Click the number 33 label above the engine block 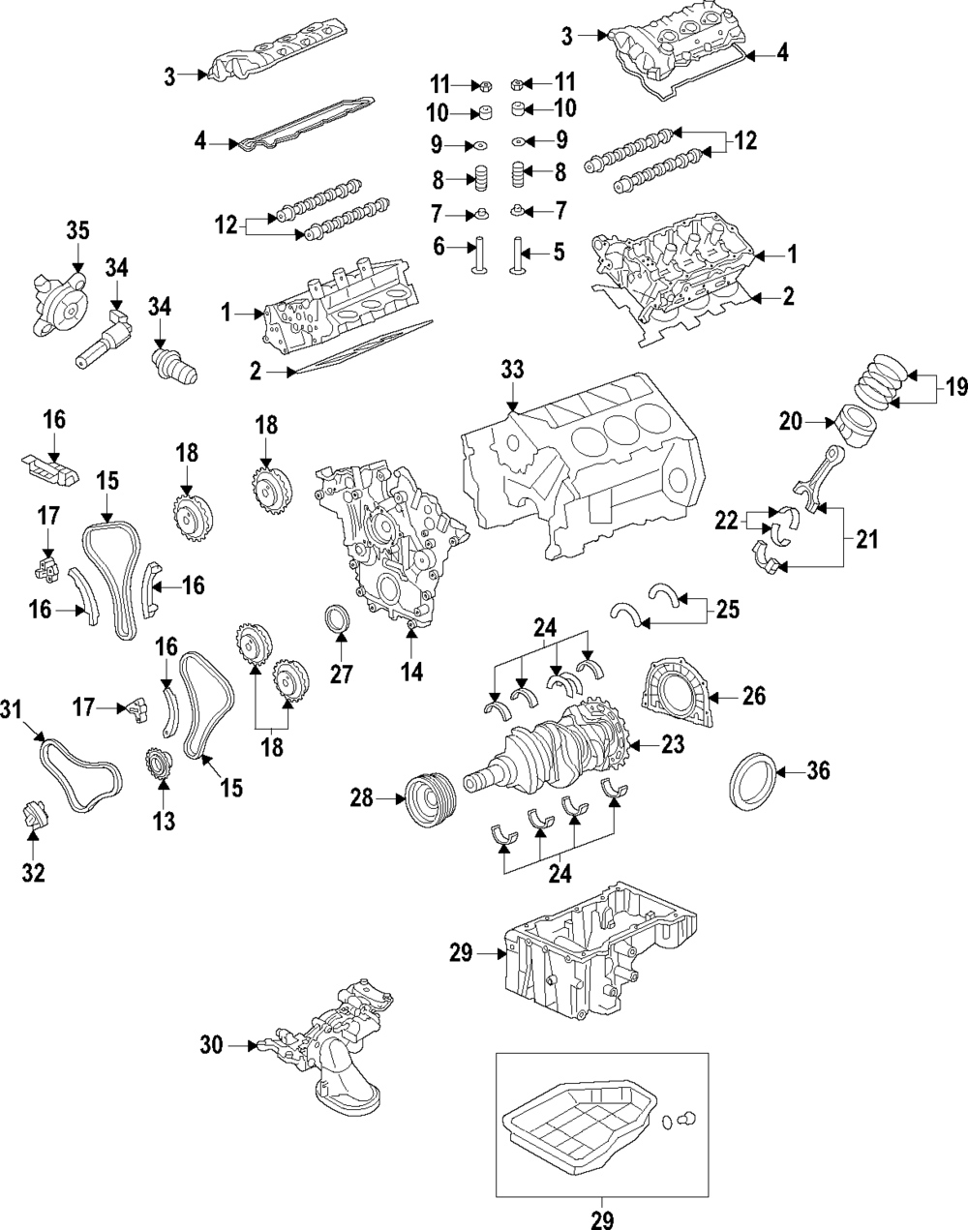pos(512,370)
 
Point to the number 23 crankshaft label pos(673,744)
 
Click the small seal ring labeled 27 pos(337,621)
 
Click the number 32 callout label pos(34,872)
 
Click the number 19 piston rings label pos(956,388)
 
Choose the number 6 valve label pos(439,248)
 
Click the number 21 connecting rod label pos(867,538)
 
